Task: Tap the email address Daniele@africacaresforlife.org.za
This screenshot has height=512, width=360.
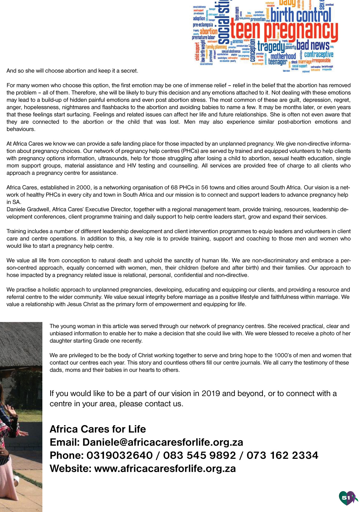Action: [x=163, y=442]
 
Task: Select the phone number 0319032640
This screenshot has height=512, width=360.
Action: [x=119, y=455]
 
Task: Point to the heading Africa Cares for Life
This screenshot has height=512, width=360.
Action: [x=97, y=429]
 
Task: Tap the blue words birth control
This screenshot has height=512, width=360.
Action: [x=301, y=15]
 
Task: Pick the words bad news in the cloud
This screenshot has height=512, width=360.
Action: [x=313, y=45]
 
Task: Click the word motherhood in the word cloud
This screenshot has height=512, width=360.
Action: [x=283, y=56]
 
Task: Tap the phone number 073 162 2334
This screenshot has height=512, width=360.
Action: [x=282, y=455]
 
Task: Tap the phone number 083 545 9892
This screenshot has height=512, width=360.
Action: [x=199, y=455]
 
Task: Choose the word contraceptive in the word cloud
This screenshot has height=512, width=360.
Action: [x=319, y=54]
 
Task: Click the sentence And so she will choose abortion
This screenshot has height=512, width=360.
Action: [x=72, y=71]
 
